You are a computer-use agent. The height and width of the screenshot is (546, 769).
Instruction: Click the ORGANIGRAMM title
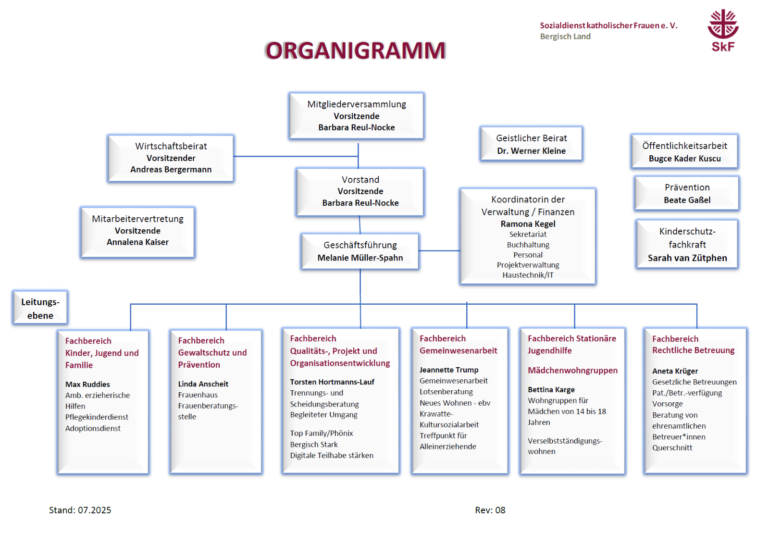point(356,50)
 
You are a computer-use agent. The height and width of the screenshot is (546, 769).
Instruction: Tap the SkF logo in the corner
point(723,30)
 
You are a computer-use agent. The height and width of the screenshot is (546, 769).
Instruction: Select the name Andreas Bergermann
point(171,170)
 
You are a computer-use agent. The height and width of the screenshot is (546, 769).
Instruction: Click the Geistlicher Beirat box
point(531,143)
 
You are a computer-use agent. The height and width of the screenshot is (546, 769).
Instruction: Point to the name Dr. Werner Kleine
point(531,151)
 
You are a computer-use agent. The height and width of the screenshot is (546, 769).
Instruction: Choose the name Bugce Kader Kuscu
point(684,159)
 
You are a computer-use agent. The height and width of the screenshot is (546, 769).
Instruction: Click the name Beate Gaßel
point(687,200)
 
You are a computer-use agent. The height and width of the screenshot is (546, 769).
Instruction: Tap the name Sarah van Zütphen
point(687,258)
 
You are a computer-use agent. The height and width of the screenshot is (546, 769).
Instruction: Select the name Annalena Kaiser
point(137,242)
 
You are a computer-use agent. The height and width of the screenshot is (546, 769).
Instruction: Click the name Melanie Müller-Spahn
point(360,258)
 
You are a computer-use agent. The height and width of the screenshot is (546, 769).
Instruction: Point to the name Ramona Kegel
point(528,224)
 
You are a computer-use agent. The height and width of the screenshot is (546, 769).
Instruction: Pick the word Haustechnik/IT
point(528,275)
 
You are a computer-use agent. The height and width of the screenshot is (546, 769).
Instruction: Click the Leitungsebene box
point(40,308)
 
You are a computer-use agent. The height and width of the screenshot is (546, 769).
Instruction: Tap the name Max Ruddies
point(87,385)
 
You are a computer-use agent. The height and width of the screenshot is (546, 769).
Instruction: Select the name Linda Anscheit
point(203,384)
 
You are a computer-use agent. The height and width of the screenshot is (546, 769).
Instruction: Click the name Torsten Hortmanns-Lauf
point(332,382)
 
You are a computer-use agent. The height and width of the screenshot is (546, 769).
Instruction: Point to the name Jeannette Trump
point(449,370)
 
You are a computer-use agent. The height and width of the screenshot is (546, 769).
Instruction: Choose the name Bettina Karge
point(551,390)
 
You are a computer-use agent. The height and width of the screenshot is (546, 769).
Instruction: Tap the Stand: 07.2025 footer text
point(80,510)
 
